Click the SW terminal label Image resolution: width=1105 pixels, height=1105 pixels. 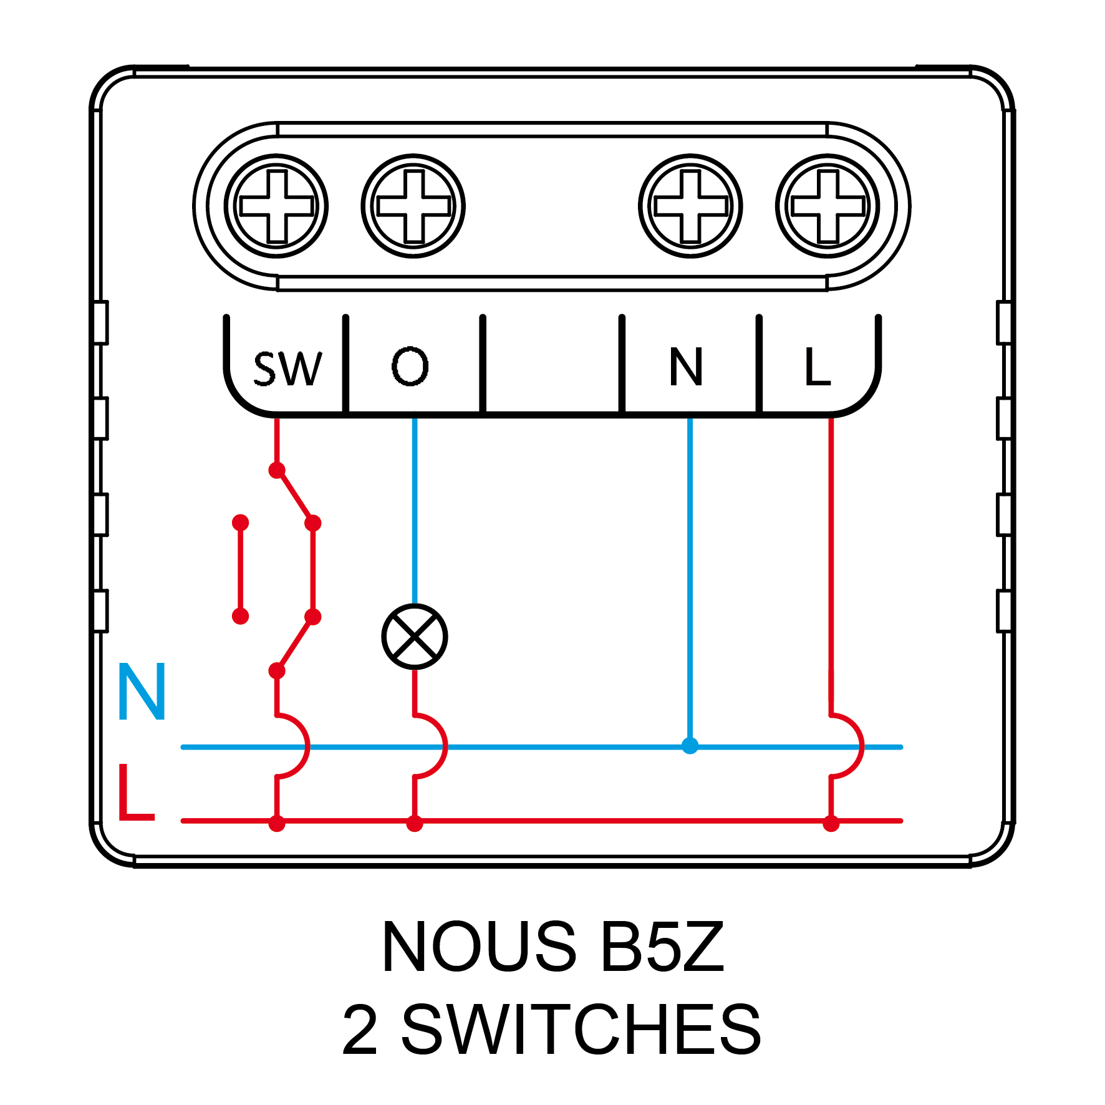coord(287,368)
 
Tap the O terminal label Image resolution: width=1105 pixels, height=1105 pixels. coord(410,366)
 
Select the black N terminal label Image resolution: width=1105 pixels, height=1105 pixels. coord(686,367)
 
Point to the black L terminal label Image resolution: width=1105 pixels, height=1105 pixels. coord(817,367)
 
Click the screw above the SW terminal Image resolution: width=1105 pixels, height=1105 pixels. coord(276,206)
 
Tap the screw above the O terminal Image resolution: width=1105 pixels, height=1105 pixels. coord(413,206)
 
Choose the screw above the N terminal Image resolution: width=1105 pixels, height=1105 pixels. coord(690,206)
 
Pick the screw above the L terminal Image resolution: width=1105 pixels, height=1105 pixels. coord(828,206)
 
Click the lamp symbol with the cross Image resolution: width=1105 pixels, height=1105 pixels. coord(415,637)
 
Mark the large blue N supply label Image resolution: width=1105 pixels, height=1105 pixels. coord(142,692)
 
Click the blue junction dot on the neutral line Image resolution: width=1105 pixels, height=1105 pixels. coord(690,746)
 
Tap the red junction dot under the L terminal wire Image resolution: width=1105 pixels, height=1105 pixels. coord(831,824)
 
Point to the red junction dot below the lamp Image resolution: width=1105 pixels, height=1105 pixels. coord(415,824)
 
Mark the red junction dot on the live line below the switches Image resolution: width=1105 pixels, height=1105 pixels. coord(277,824)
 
